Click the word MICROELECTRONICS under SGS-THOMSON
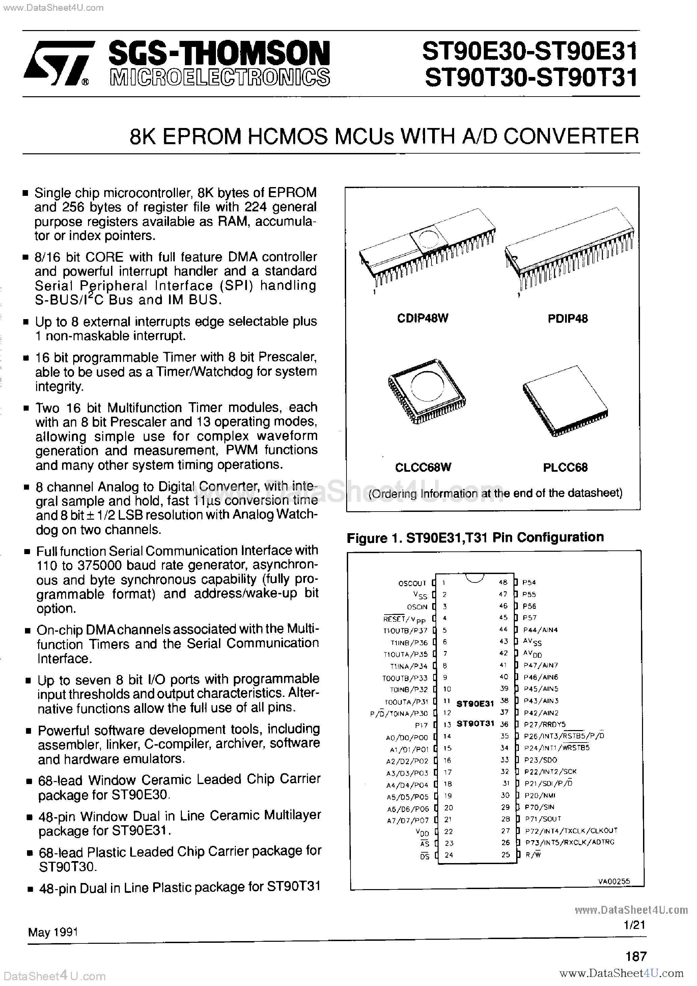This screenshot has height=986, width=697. [220, 77]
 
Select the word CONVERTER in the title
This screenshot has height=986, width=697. [571, 136]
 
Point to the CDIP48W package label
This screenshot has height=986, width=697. [422, 318]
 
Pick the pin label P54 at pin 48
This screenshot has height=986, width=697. [529, 582]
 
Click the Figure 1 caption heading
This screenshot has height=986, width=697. [475, 537]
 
